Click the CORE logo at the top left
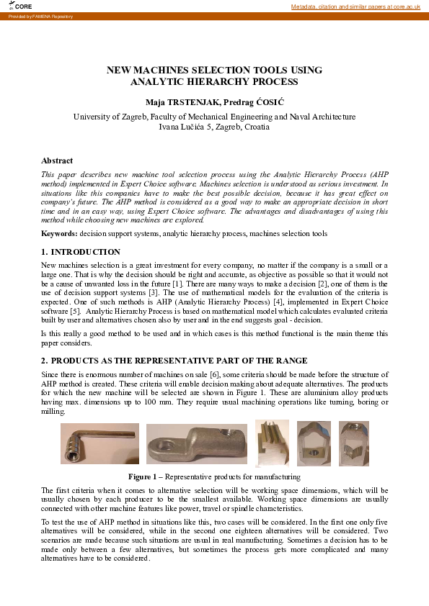21,6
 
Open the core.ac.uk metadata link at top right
355,6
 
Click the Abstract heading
57,160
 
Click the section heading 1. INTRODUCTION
81,252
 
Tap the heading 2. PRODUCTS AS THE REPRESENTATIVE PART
174,360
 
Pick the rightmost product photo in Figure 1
350,443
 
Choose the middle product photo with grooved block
273,443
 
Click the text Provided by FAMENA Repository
41,16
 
